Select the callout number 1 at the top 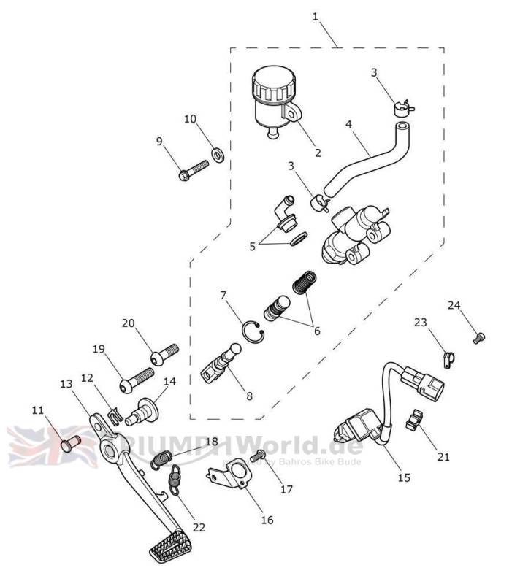315,16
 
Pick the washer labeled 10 217,154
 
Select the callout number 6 317,331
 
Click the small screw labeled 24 479,337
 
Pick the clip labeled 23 448,357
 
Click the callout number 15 404,478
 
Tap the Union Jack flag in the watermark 51,445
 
